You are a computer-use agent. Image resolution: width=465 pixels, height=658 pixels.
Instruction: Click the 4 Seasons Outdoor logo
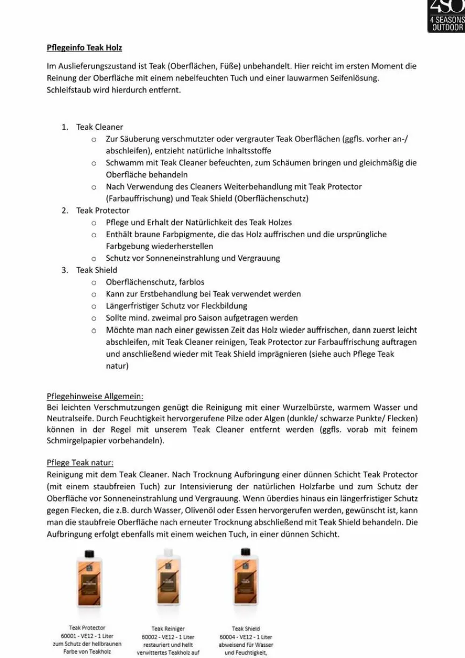coord(446,16)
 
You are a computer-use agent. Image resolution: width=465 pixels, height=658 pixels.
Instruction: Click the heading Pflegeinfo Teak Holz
coord(84,48)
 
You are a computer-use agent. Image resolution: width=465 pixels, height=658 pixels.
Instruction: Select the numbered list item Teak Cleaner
coord(99,127)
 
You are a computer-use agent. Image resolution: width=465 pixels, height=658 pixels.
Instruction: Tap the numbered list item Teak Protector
coord(103,210)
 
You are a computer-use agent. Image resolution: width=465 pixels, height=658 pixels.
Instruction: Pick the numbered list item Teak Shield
coord(96,270)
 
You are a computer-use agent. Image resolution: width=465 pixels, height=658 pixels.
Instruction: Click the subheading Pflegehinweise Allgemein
coord(95,397)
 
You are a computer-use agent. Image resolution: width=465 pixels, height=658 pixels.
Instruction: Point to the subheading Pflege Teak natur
coord(80,463)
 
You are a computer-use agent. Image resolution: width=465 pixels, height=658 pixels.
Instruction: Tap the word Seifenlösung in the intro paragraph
coord(352,78)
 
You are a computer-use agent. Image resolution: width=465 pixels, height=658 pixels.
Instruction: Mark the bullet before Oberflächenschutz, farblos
coord(94,282)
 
